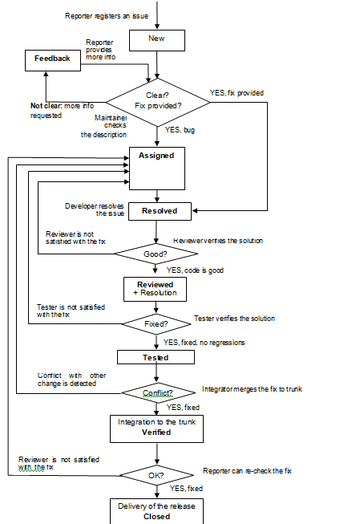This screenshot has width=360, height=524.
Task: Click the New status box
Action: [x=156, y=39]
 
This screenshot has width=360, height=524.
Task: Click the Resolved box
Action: [x=160, y=211]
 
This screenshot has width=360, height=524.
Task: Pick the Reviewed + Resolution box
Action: [x=156, y=288]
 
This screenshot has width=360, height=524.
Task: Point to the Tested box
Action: [x=156, y=357]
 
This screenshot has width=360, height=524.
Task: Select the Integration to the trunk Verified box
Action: [x=156, y=427]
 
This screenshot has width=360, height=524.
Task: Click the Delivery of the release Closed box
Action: [x=156, y=511]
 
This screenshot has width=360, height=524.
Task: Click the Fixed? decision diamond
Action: [x=156, y=324]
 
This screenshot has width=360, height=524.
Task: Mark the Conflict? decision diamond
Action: [x=157, y=392]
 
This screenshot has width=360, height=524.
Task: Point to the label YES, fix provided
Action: [x=237, y=92]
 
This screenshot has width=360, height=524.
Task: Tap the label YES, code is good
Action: [x=195, y=270]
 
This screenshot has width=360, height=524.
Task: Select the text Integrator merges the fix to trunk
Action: [x=251, y=388]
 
